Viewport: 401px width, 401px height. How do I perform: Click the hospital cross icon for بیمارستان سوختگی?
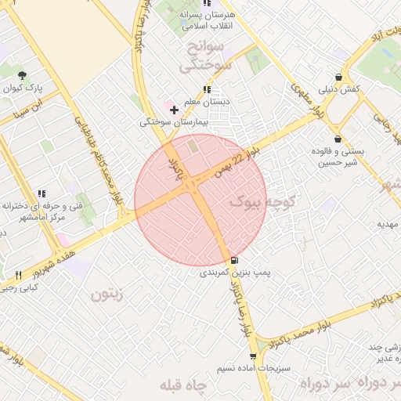[x=174, y=109]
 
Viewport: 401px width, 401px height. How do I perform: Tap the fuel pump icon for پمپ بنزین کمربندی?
[x=234, y=260]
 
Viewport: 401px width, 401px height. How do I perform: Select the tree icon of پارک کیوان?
[x=22, y=76]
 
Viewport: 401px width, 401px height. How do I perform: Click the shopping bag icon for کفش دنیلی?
[x=338, y=77]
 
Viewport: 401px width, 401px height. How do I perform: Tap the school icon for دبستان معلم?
[x=207, y=89]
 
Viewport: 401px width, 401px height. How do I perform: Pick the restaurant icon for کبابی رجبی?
[x=18, y=276]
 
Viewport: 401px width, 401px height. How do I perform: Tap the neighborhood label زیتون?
[x=108, y=295]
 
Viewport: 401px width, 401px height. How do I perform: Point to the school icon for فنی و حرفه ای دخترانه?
[x=42, y=193]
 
